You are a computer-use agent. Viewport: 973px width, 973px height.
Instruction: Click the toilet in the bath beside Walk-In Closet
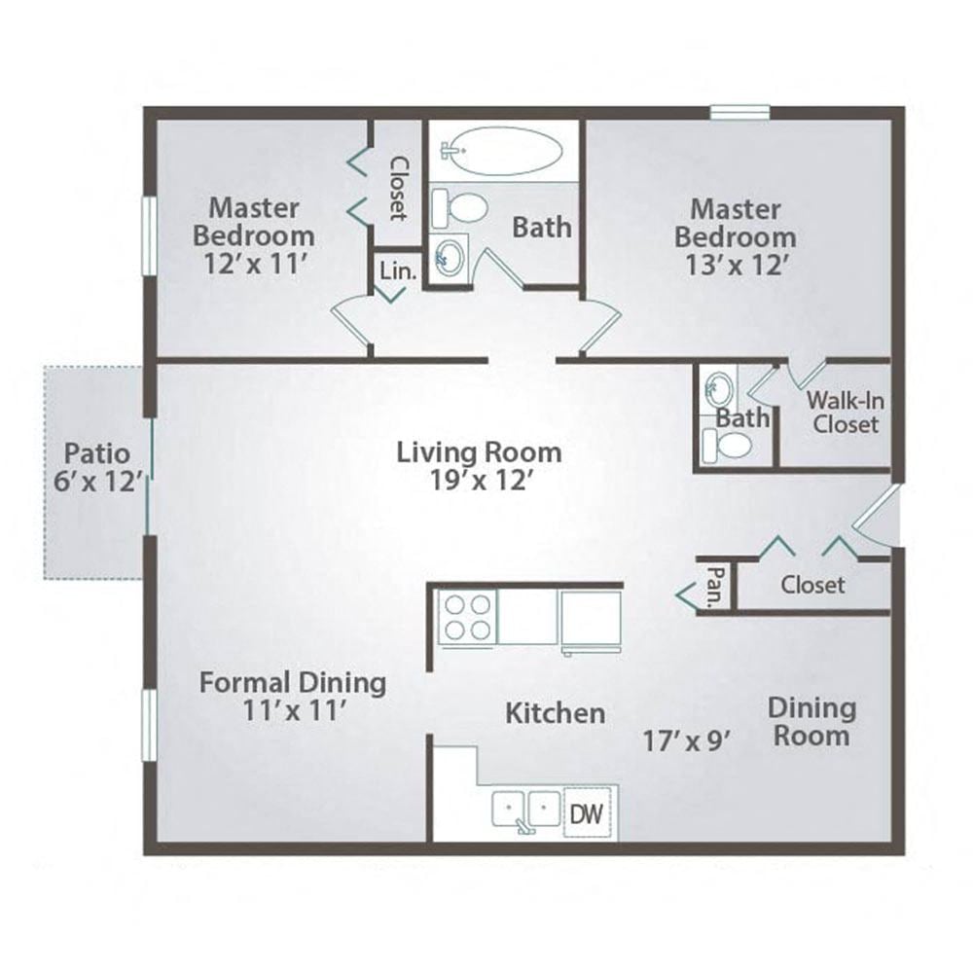[x=728, y=446]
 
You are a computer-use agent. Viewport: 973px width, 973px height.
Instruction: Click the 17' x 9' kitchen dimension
[x=686, y=741]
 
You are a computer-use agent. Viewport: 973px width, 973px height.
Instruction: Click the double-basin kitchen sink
[x=526, y=811]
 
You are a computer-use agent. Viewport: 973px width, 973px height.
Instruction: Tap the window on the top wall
[x=739, y=113]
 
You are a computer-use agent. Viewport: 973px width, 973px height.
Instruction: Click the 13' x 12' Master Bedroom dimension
[x=736, y=266]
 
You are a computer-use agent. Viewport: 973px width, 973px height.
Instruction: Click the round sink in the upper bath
[x=450, y=259]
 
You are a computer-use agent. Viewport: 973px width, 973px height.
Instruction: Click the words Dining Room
[x=811, y=721]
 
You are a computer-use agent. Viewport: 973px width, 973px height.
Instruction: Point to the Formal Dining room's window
[x=149, y=726]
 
